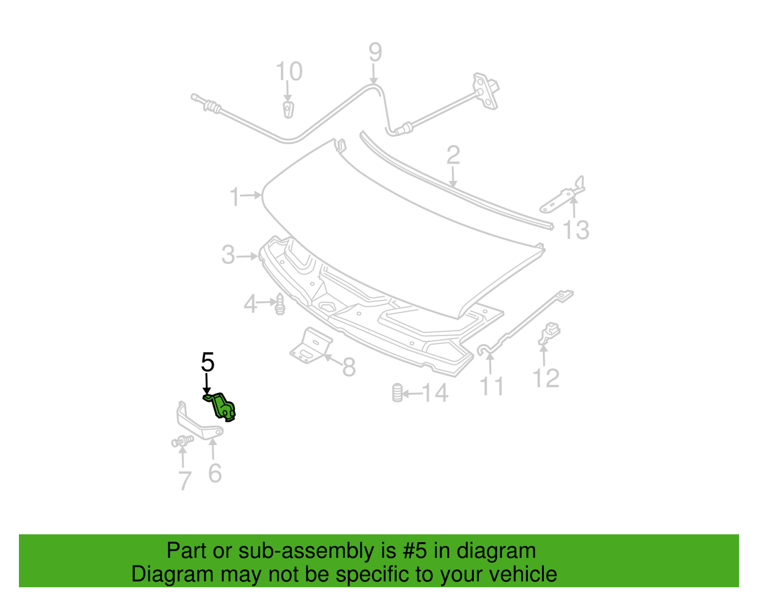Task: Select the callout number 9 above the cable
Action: pyautogui.click(x=375, y=52)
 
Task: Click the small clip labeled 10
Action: pyautogui.click(x=288, y=109)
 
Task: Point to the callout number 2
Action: pyautogui.click(x=453, y=155)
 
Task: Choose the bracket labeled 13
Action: pyautogui.click(x=562, y=196)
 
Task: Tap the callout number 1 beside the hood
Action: pyautogui.click(x=235, y=196)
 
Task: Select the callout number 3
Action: pyautogui.click(x=228, y=255)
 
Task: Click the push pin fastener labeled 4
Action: pyautogui.click(x=280, y=304)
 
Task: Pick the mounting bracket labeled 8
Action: pyautogui.click(x=311, y=345)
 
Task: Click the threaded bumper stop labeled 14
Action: pyautogui.click(x=397, y=393)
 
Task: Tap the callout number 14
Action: pyautogui.click(x=435, y=393)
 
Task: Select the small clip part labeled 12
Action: pyautogui.click(x=549, y=333)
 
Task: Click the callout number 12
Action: pyautogui.click(x=546, y=378)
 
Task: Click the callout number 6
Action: pyautogui.click(x=215, y=473)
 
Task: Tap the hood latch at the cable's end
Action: pyautogui.click(x=486, y=91)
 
